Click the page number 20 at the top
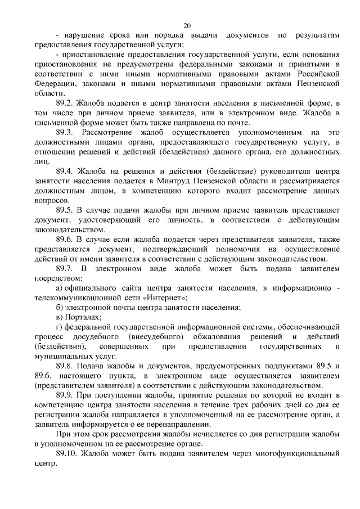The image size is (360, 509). tap(187, 25)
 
